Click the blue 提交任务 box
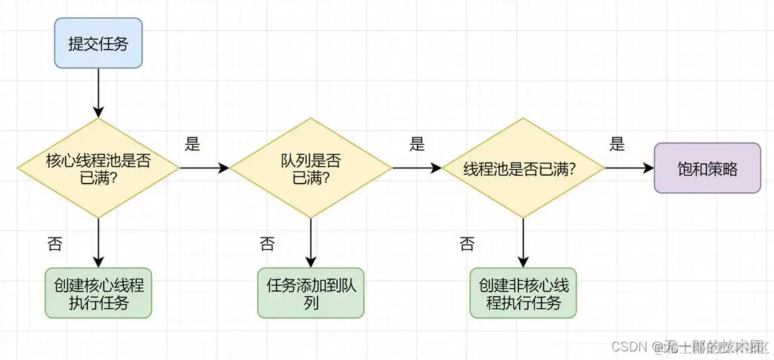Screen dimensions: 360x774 tap(99, 43)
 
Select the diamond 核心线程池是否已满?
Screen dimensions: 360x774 tap(99, 168)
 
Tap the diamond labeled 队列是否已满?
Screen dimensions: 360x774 tap(311, 168)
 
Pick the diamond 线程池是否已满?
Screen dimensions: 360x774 tap(523, 168)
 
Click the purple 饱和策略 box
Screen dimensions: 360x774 tap(707, 168)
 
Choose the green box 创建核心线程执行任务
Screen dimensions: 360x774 tap(99, 293)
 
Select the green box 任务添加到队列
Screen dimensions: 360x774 tap(311, 293)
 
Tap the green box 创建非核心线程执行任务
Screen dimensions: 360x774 tap(523, 293)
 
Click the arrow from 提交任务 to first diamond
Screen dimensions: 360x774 tap(99, 94)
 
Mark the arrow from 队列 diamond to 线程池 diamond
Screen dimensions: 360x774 tap(417, 168)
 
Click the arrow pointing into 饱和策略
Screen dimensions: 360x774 tap(629, 168)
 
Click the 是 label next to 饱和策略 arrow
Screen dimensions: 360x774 tap(617, 144)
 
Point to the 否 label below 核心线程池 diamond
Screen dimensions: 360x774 tap(54, 243)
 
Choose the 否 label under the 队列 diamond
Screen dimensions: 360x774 tap(267, 243)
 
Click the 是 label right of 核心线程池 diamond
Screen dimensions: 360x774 tap(192, 144)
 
